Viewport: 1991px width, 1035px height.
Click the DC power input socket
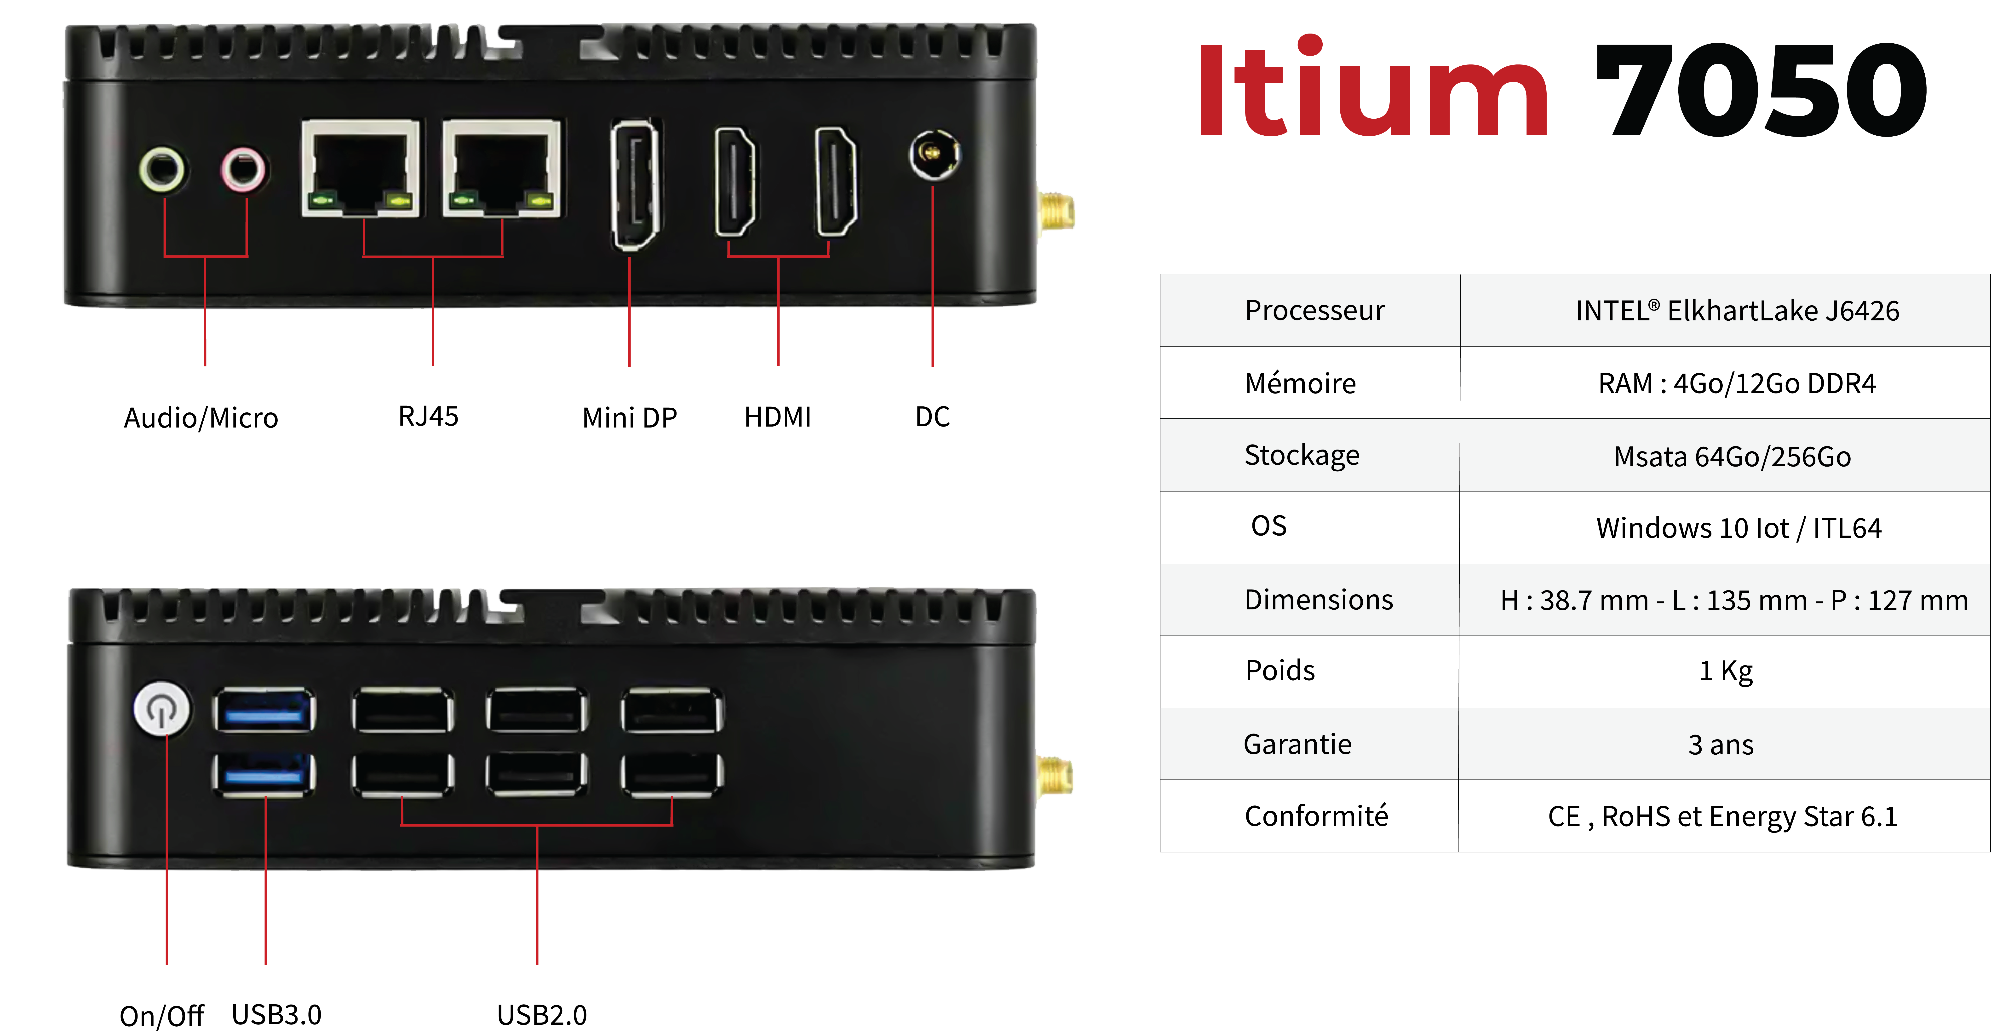coord(934,155)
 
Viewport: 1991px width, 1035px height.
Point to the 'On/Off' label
coord(161,1016)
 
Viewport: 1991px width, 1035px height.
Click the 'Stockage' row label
coord(1302,455)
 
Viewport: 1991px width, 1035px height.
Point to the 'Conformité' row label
coord(1316,815)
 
